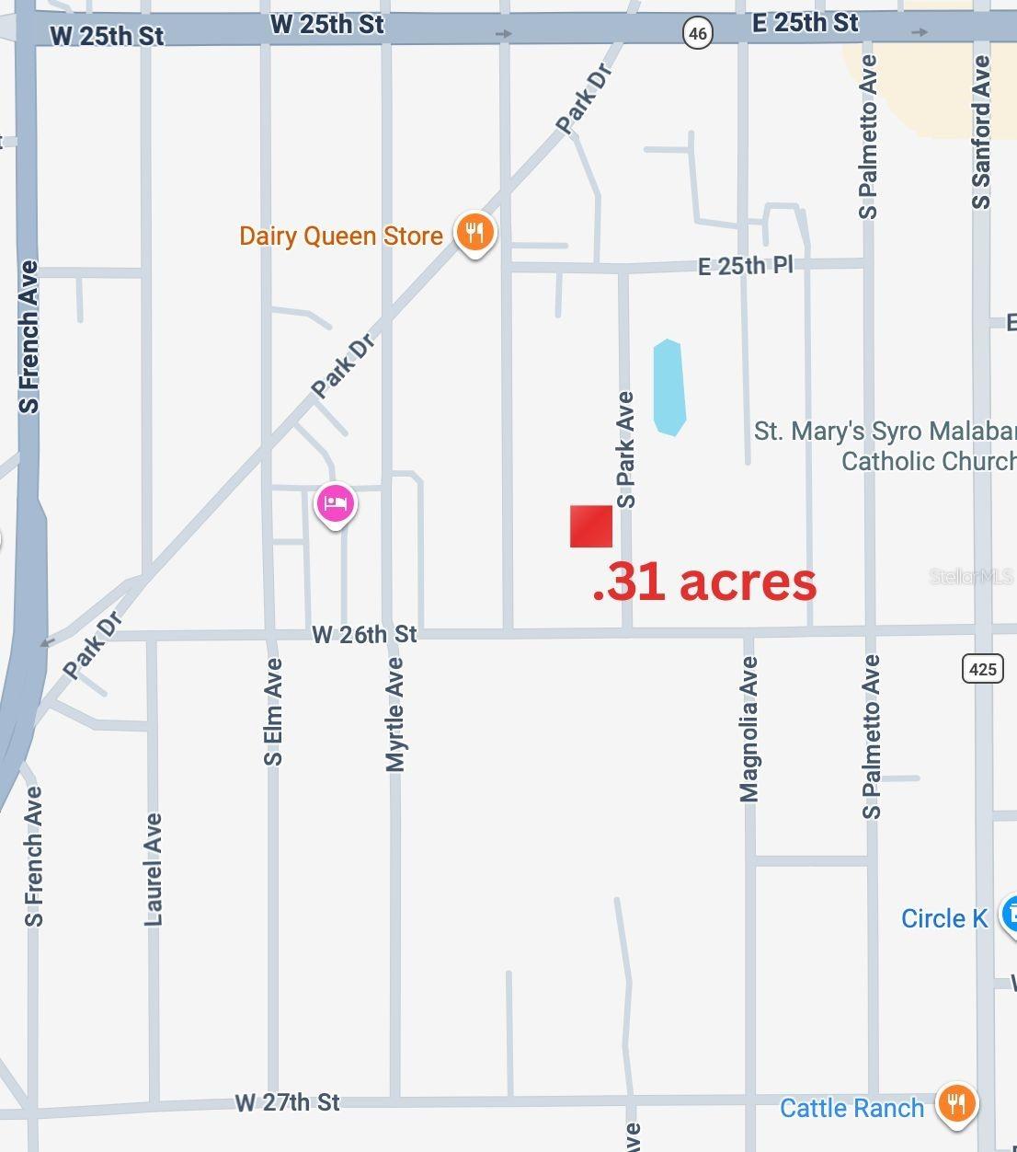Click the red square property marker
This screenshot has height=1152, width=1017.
590,526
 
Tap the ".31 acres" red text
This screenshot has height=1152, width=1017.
704,582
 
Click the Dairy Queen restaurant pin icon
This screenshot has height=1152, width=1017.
474,232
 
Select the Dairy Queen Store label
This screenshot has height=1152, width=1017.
341,236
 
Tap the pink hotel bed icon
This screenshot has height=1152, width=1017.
336,503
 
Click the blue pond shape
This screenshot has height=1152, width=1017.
668,387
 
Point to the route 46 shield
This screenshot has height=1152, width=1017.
698,35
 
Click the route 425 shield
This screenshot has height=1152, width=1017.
982,668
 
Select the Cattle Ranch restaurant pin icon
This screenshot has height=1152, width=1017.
956,1102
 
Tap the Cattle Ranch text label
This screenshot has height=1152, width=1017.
851,1108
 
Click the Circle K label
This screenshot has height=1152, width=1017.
944,918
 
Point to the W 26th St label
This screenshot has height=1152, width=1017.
364,634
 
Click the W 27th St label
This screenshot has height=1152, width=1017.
287,1102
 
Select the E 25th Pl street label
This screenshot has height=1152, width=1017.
745,266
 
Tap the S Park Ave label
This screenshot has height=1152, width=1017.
626,450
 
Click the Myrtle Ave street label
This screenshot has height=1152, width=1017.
395,714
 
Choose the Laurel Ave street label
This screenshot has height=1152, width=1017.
154,869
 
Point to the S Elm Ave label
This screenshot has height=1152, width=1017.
273,712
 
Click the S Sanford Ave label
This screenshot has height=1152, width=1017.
981,132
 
